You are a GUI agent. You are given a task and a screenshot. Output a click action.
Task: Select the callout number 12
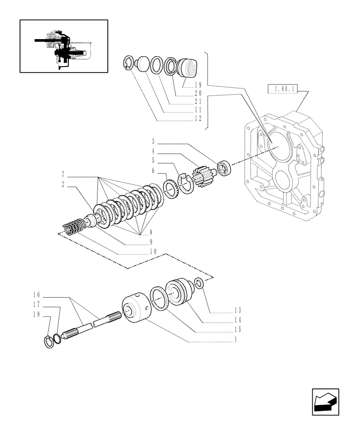pos(198,118)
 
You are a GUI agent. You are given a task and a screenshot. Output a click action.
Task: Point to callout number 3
pos(153,141)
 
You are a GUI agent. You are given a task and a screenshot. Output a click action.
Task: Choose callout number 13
pos(237,310)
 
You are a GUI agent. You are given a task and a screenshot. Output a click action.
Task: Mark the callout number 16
pos(37,294)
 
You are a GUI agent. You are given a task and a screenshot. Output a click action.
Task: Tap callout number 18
pos(37,315)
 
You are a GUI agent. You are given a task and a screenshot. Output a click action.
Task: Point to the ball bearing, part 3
pos(225,169)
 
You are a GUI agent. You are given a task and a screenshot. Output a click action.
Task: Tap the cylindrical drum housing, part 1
pos(136,310)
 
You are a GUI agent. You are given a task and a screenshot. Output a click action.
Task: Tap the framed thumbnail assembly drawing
pos(63,46)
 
